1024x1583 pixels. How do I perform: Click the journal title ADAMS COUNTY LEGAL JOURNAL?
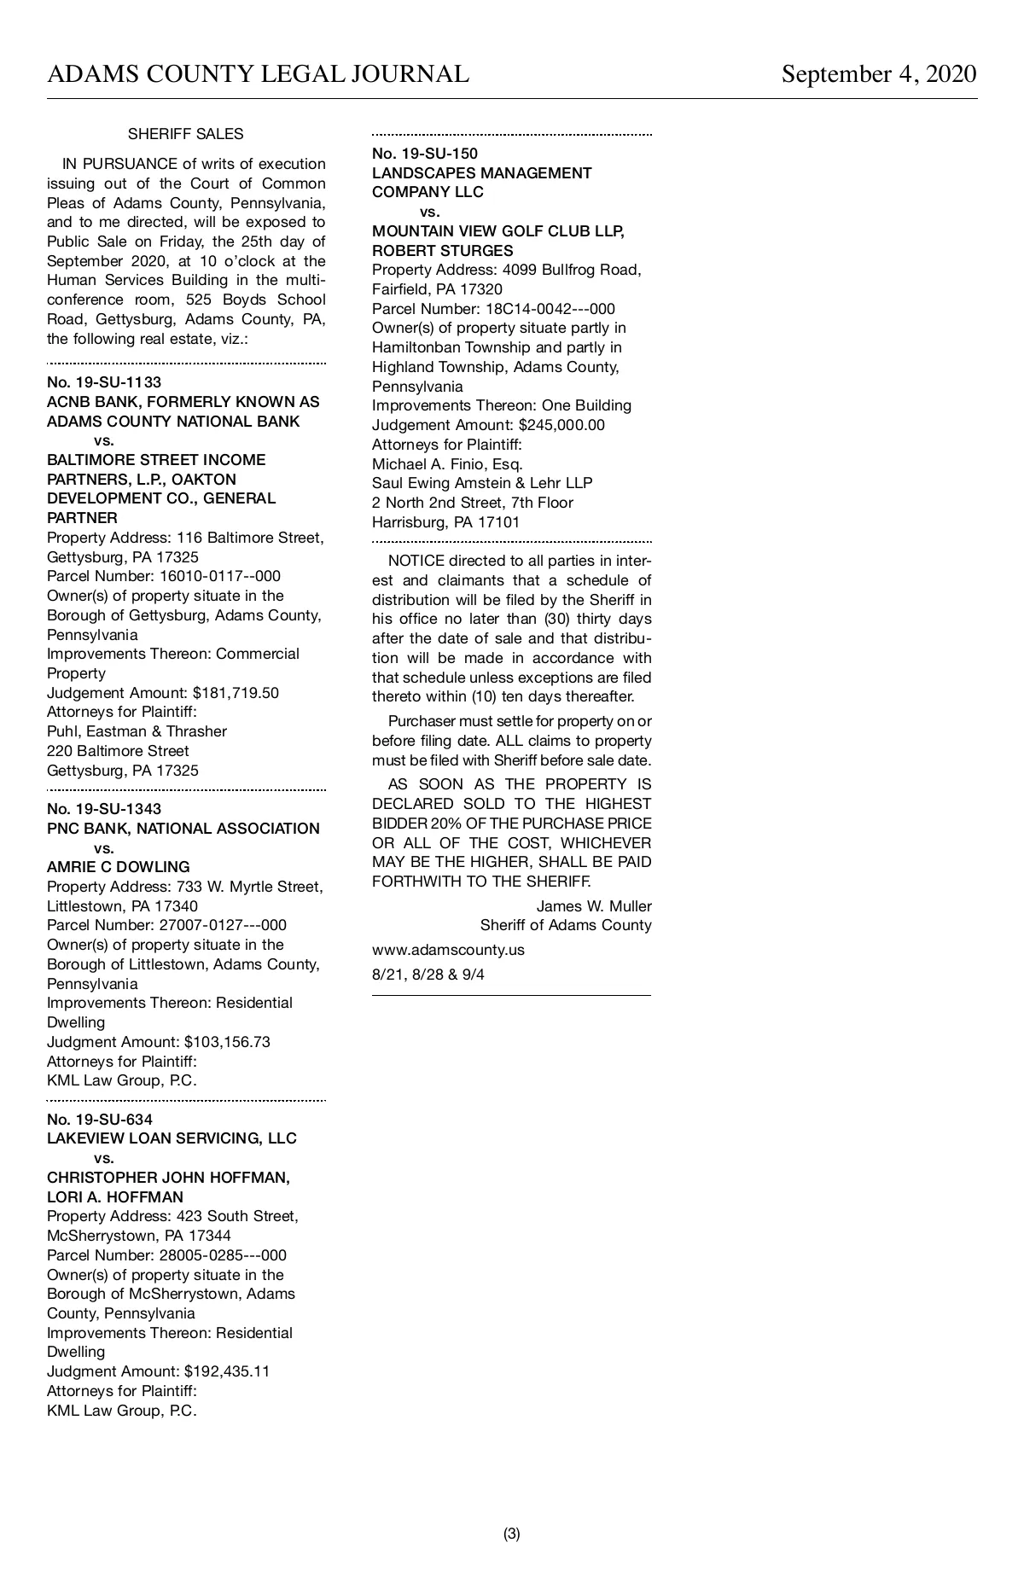[x=258, y=74]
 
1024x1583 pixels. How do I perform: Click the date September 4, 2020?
[x=878, y=74]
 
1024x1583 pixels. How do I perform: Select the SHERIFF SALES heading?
[x=185, y=134]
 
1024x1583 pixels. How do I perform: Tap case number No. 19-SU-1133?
[x=104, y=381]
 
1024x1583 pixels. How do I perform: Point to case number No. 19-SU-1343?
[x=104, y=808]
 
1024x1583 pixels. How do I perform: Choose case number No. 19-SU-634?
[x=100, y=1119]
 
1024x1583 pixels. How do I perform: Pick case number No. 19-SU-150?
[x=425, y=154]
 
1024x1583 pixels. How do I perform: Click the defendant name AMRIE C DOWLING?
[x=119, y=867]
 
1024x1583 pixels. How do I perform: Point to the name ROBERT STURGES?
[x=443, y=251]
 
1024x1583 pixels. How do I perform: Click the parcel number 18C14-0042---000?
[x=550, y=309]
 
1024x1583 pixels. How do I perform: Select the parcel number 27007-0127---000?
[x=223, y=925]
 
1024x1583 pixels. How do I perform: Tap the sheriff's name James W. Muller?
[x=594, y=906]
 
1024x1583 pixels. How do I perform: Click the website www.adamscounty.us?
[x=448, y=950]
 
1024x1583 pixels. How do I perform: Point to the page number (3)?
[x=512, y=1534]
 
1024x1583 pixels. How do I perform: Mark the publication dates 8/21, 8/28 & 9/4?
[x=428, y=975]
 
